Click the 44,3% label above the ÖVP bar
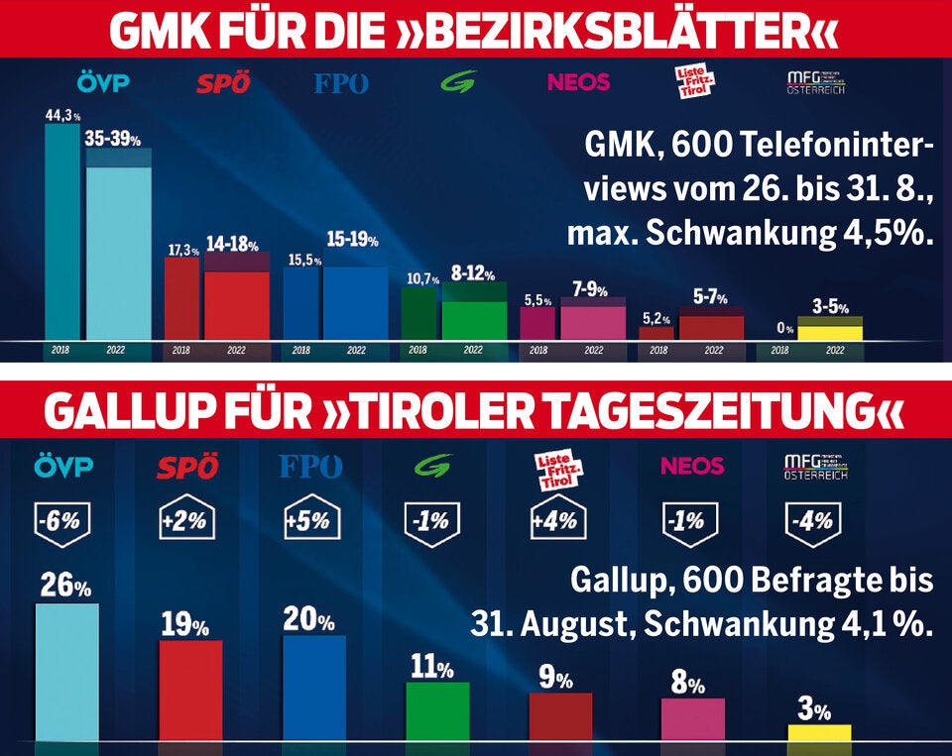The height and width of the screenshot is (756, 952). (61, 115)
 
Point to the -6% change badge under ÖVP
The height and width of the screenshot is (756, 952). (62, 519)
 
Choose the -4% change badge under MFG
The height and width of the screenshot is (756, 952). (813, 519)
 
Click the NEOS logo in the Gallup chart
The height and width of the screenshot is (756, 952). (691, 466)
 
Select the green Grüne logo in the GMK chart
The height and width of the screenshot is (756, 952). (458, 82)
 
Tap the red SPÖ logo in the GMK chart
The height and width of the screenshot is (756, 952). (222, 83)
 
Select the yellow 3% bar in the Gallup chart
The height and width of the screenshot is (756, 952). (819, 732)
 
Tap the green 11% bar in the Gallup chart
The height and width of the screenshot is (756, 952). (437, 710)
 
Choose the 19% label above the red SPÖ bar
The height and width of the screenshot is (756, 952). (186, 625)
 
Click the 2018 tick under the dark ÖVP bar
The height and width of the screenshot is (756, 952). (60, 350)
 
